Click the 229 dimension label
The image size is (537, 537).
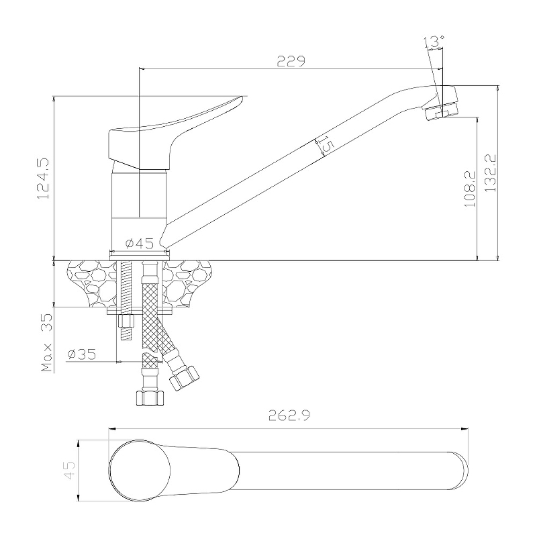291,61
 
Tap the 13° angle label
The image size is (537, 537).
433,42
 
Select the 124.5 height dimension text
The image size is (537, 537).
44,179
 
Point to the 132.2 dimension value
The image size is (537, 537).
491,173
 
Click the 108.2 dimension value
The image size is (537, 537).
470,189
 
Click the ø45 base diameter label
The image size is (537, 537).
140,244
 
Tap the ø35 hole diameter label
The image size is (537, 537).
81,354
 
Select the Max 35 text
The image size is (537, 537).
47,343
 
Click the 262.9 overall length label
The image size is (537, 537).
289,416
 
